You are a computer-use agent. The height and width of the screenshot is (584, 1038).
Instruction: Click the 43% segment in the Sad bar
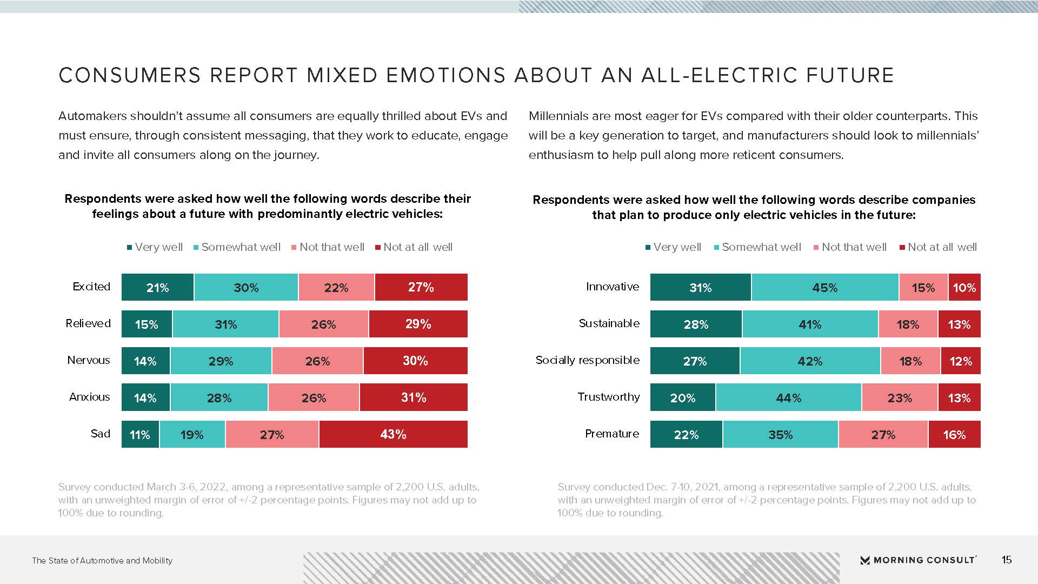point(393,434)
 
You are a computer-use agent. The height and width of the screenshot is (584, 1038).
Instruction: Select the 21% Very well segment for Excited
point(157,287)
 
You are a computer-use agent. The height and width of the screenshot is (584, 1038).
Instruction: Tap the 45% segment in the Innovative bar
point(825,287)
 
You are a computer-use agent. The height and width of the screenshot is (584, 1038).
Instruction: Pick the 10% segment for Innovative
point(964,287)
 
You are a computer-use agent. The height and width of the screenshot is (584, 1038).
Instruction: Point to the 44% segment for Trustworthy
point(788,397)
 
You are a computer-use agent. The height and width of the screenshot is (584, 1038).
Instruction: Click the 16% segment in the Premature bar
point(954,434)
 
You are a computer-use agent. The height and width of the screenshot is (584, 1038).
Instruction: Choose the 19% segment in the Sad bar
point(192,434)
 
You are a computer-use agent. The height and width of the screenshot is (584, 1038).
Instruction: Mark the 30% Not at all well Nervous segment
point(415,361)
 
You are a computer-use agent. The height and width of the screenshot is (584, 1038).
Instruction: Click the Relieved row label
point(88,323)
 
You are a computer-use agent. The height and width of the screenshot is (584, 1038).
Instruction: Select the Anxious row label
point(90,397)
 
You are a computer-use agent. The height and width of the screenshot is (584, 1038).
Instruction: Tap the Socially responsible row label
point(588,360)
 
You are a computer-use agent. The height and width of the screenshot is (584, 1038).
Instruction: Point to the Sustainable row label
point(609,323)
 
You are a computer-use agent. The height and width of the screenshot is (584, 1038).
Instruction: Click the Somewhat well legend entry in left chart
point(237,247)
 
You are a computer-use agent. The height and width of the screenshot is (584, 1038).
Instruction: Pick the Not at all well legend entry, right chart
point(938,247)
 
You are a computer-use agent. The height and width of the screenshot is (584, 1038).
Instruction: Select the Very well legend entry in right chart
point(673,247)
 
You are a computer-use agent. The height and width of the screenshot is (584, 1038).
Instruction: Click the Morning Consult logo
point(919,560)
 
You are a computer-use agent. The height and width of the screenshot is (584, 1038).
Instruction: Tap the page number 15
point(1006,560)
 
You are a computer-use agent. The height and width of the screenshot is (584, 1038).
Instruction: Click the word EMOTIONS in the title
point(407,75)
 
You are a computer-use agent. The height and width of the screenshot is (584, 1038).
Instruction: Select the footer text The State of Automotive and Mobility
point(102,561)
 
